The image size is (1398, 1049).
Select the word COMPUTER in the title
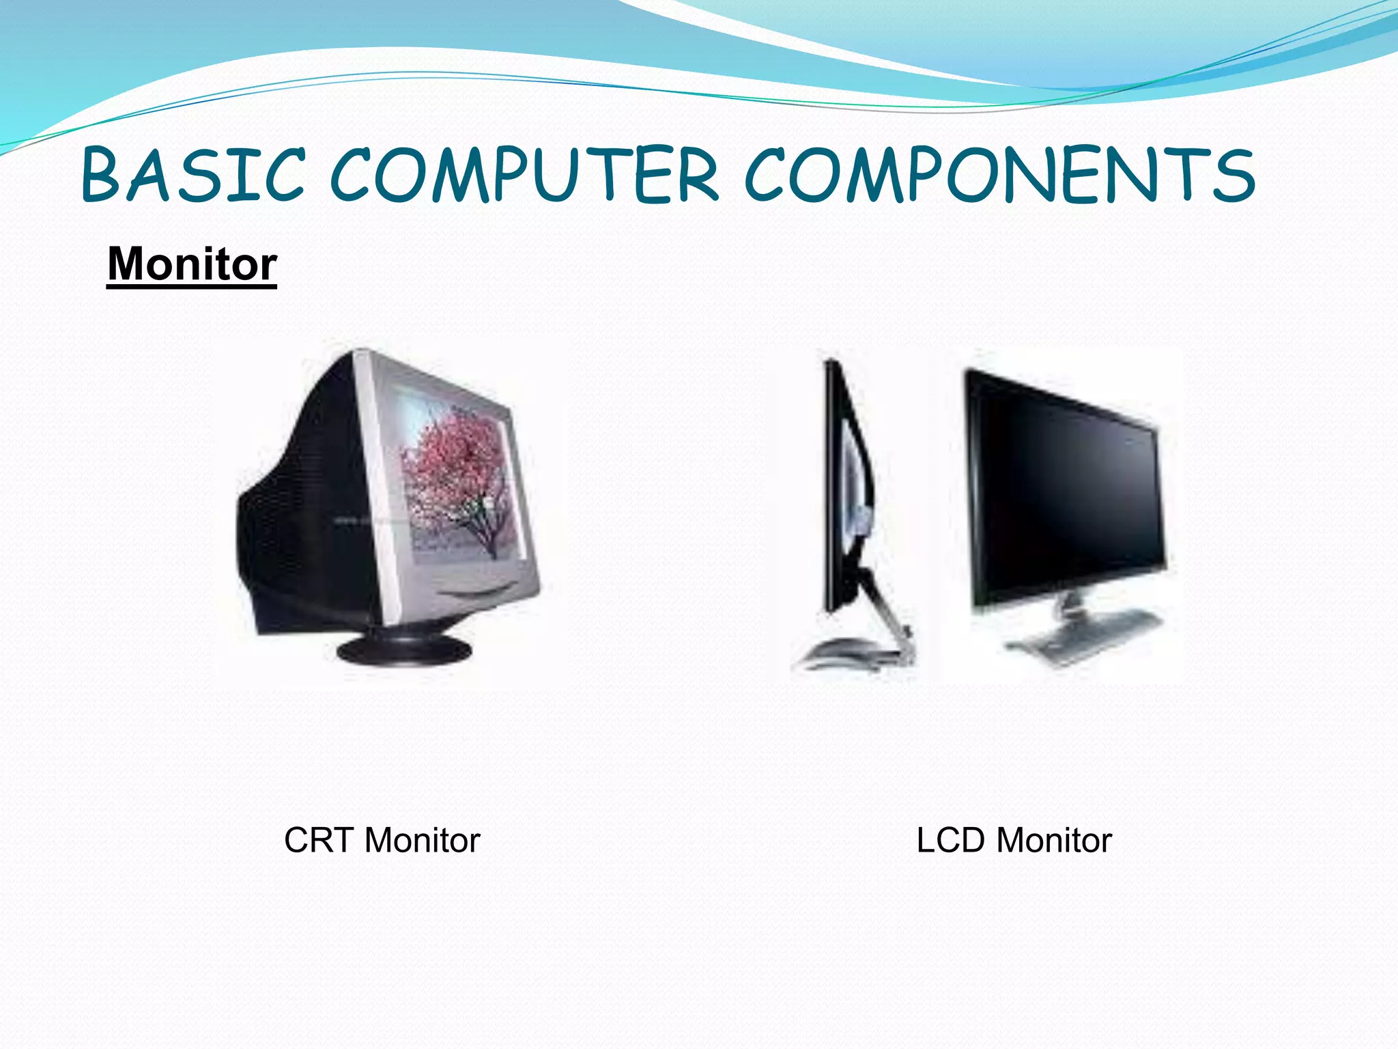[524, 176]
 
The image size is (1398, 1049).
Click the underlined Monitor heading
[192, 264]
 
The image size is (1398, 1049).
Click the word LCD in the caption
[950, 840]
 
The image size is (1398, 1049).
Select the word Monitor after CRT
[422, 840]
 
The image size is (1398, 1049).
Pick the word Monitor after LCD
[1054, 840]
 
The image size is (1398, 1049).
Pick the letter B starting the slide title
[102, 176]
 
